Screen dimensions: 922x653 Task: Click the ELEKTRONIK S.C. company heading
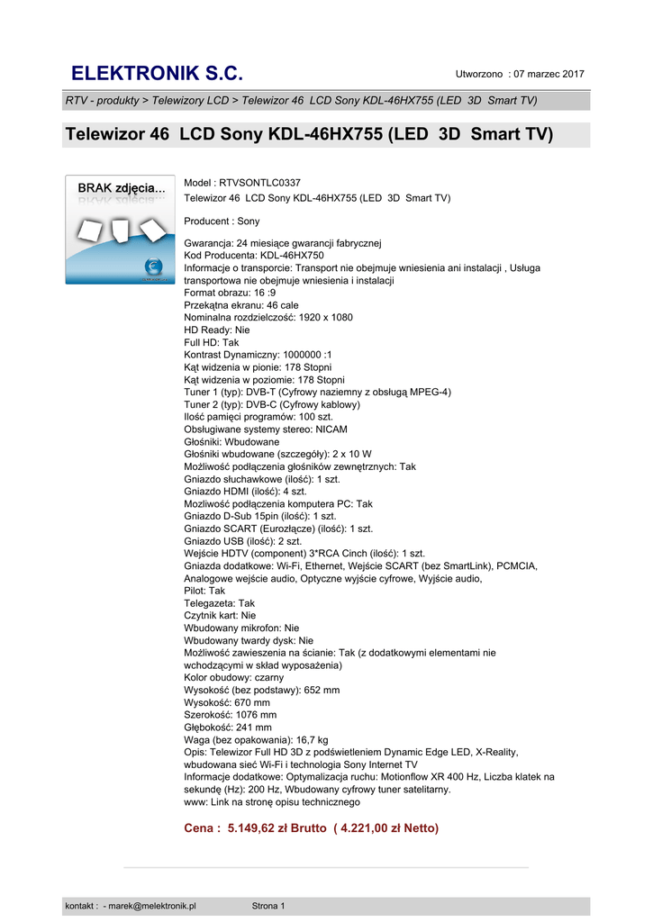point(157,74)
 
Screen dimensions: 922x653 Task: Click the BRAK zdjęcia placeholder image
point(120,230)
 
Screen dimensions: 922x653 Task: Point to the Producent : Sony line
point(222,221)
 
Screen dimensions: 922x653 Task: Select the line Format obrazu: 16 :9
point(230,293)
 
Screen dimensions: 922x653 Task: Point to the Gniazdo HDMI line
point(245,493)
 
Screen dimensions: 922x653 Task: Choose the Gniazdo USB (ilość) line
point(242,541)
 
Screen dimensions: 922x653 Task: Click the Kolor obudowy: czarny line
point(233,677)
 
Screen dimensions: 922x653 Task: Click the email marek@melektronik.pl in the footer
point(152,906)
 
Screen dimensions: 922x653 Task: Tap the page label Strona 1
point(268,906)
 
